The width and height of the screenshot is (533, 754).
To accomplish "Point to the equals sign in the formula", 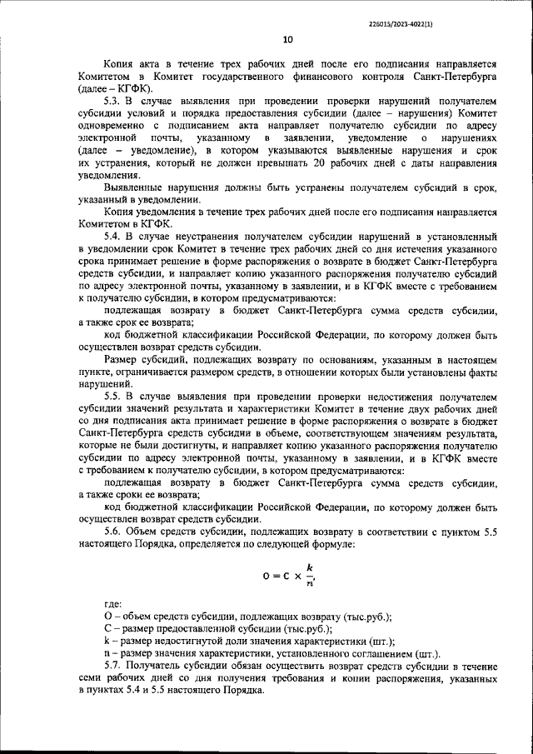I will [279, 576].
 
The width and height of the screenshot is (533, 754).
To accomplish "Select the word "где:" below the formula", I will [112, 604].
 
